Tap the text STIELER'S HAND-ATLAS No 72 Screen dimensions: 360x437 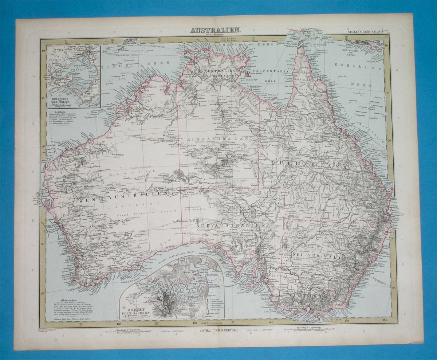367,32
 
